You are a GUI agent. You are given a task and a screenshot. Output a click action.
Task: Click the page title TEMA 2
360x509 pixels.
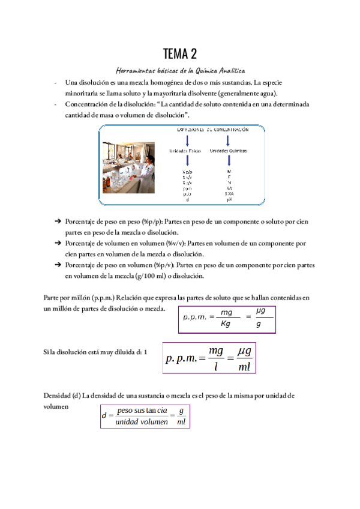click(x=180, y=55)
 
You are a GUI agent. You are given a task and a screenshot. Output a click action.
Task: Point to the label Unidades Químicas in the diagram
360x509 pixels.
click(x=229, y=151)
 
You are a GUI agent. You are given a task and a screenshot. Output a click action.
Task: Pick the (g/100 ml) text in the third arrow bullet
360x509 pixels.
click(x=158, y=276)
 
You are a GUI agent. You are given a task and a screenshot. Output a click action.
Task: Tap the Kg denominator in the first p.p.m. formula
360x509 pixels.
click(x=226, y=324)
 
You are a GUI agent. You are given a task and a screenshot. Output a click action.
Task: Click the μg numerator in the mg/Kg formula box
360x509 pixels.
click(x=260, y=310)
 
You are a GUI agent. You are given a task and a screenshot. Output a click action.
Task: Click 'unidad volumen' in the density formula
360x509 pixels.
click(x=142, y=422)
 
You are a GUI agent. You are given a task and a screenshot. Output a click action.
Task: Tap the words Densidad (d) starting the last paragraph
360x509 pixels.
click(x=62, y=396)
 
